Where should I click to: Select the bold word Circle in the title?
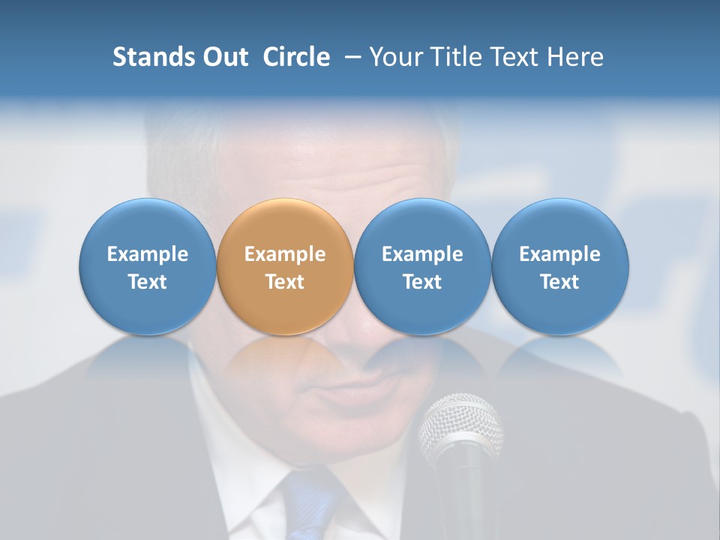pyautogui.click(x=296, y=57)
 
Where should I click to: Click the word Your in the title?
pyautogui.click(x=396, y=57)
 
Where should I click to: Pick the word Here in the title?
pyautogui.click(x=574, y=57)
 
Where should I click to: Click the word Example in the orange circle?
pyautogui.click(x=285, y=254)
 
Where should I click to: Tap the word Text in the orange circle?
pyautogui.click(x=285, y=282)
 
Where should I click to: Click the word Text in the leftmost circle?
pyautogui.click(x=148, y=282)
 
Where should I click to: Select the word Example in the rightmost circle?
pyautogui.click(x=560, y=254)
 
